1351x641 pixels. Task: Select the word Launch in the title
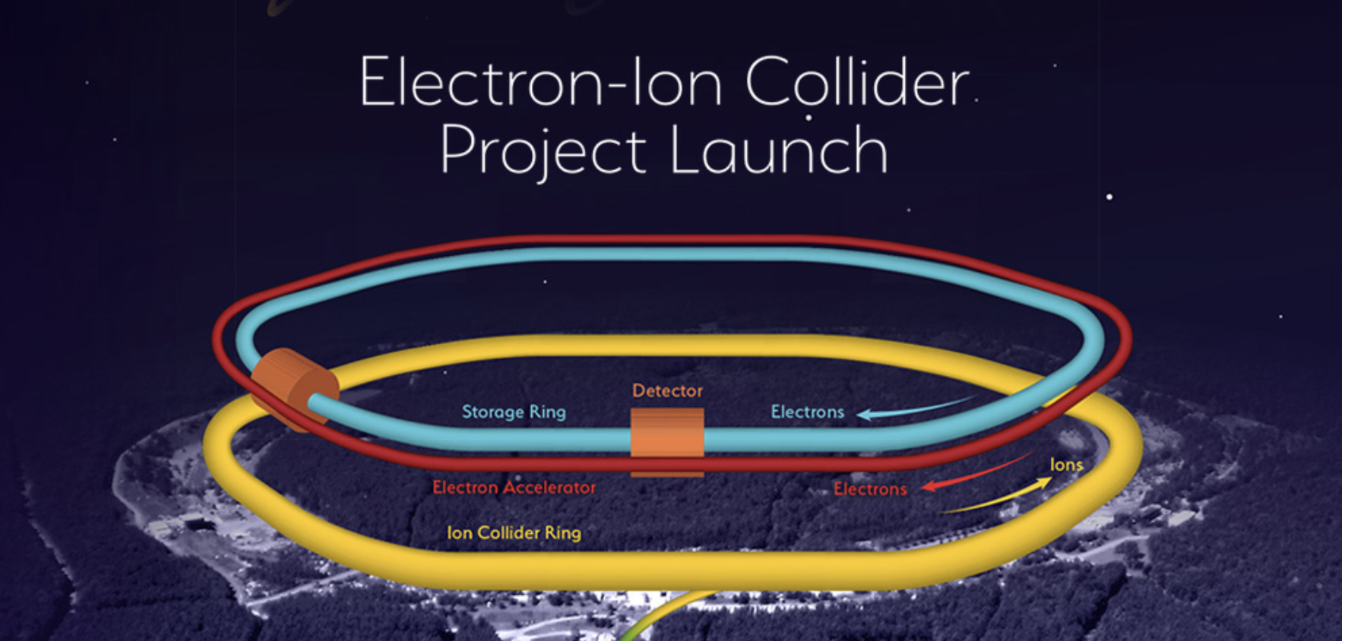coord(779,149)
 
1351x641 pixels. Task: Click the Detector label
coord(667,390)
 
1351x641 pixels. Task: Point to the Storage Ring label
coord(514,412)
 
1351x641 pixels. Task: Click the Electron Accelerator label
coord(514,487)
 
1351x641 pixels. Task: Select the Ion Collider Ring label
coord(514,532)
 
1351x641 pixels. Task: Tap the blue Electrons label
coord(807,412)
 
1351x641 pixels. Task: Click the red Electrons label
coord(870,488)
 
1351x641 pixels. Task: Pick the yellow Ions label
coord(1066,464)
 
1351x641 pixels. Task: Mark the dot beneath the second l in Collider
coord(808,118)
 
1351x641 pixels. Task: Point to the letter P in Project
coord(457,150)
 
